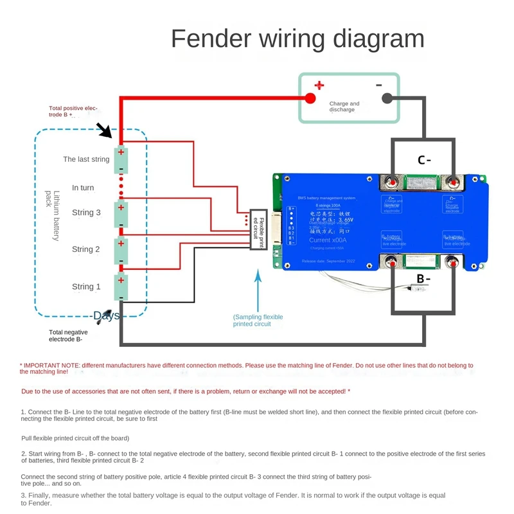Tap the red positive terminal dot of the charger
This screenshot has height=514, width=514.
point(310,98)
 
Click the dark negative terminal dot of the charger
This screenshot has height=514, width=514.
point(387,98)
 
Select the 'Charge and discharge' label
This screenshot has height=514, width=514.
point(344,107)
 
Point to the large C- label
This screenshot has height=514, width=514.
point(424,160)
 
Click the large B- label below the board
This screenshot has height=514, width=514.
point(423,279)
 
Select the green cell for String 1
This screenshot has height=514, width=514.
point(121,287)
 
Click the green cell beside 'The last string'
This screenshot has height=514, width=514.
point(121,161)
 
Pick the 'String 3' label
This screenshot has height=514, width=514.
point(86,213)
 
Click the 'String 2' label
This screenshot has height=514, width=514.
point(86,249)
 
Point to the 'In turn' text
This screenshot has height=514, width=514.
point(83,188)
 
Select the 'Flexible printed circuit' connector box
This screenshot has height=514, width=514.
point(258,229)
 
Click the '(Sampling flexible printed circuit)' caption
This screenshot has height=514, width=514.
point(258,321)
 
